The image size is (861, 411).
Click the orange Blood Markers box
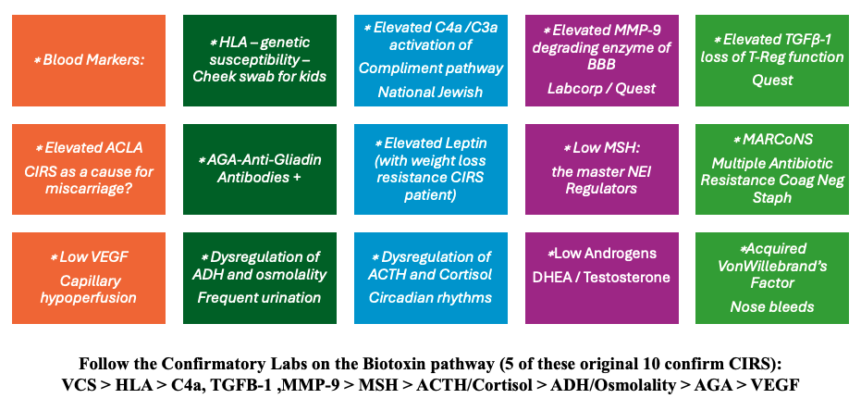[x=89, y=60]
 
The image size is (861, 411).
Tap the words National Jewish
[x=431, y=92]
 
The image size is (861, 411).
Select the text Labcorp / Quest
[x=602, y=89]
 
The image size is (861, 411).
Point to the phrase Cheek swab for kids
[x=260, y=77]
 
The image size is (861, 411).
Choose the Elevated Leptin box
[x=431, y=168]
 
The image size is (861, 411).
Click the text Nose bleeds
[x=772, y=306]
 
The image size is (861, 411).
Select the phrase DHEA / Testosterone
[x=602, y=278]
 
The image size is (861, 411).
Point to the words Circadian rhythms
[x=431, y=298]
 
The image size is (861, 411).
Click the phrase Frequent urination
[x=259, y=298]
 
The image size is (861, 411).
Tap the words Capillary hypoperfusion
[x=89, y=290]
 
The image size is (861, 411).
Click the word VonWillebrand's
[x=772, y=267]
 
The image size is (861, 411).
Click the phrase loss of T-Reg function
[x=772, y=57]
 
